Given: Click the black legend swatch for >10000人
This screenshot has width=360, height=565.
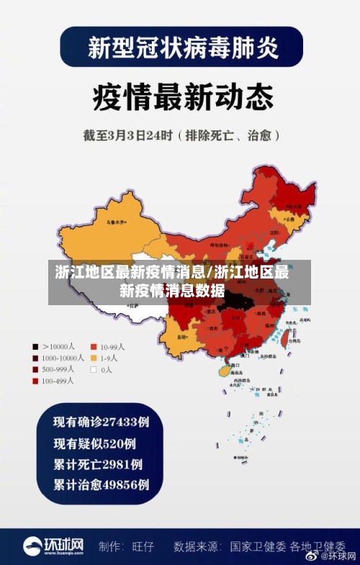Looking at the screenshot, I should click(35, 346).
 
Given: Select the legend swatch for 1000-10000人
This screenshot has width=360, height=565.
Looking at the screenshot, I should click(35, 358).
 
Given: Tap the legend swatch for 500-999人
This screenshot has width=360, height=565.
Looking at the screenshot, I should click(35, 369).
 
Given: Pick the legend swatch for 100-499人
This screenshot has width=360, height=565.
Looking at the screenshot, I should click(35, 381).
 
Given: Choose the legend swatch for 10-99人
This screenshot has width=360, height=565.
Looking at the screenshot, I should click(93, 346).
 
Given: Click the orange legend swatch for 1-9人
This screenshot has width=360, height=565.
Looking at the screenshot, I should click(93, 358).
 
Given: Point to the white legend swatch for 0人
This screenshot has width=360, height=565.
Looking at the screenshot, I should click(93, 369).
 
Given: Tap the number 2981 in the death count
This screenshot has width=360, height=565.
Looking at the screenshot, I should click(116, 464).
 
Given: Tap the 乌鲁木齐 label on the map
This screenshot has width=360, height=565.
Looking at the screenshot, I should click(114, 222).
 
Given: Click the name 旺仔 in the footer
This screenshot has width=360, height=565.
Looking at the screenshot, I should click(143, 546).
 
